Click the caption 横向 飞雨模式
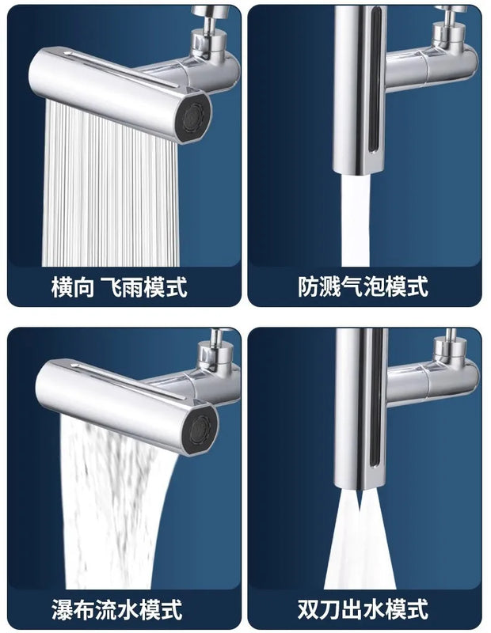pos(120,287)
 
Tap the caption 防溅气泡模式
pos(363,286)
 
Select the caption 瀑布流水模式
pos(117,609)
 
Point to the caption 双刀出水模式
pos(363,609)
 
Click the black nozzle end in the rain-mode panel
pos(193,117)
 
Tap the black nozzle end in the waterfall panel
pos(200,430)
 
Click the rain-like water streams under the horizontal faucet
pos(111,186)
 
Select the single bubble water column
pos(356,220)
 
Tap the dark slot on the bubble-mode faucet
pos(375,81)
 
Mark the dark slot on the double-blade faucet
pos(376,404)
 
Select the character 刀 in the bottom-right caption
pos(330,609)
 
